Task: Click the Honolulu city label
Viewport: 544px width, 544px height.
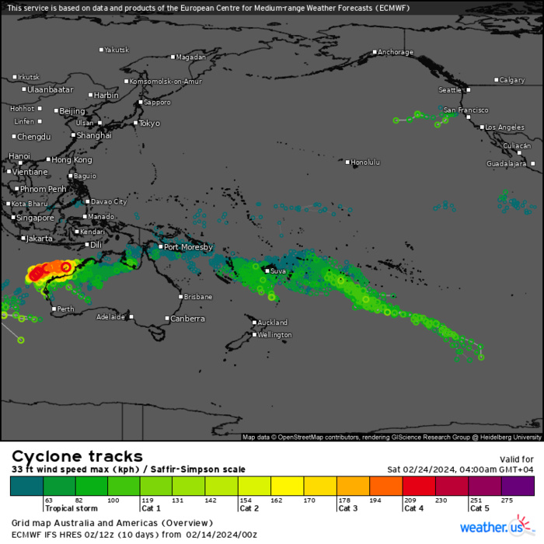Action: [x=366, y=162]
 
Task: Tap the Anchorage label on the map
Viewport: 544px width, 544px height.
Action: [x=396, y=53]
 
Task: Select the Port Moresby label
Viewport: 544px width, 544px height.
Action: [x=187, y=247]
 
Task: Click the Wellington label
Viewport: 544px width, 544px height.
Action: [x=276, y=335]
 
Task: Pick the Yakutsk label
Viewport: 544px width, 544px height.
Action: [x=117, y=50]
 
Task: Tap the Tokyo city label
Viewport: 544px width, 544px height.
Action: [x=148, y=124]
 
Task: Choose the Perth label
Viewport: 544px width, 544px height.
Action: [x=66, y=309]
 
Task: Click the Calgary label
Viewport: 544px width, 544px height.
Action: [x=512, y=80]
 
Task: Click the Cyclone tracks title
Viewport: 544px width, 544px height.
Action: [x=77, y=456]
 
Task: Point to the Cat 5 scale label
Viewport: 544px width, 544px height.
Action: [x=480, y=508]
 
